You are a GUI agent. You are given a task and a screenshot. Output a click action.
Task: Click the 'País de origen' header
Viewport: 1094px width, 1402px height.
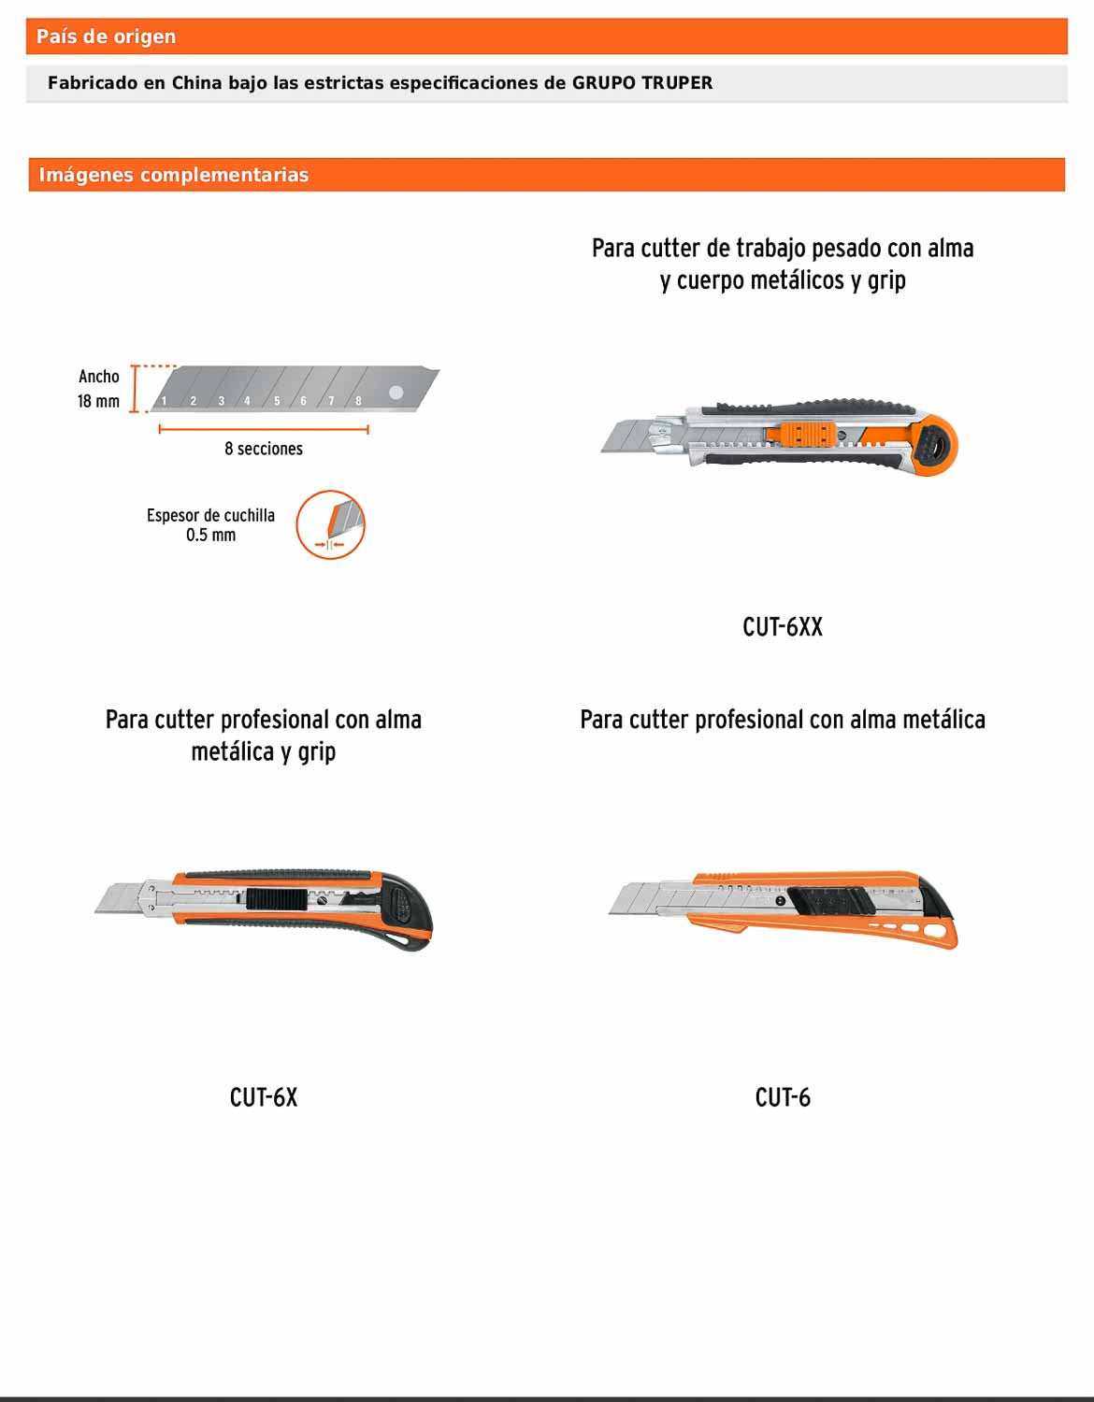tap(106, 36)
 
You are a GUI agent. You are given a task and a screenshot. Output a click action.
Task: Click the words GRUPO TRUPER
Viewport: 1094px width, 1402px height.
tap(641, 82)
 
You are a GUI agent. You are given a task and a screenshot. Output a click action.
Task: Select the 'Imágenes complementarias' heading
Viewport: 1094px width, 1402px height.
tap(173, 175)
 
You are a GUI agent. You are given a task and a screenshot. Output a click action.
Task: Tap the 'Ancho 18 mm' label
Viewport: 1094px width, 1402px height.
tap(98, 389)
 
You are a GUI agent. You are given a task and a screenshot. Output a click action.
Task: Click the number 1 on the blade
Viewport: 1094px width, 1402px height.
tap(164, 401)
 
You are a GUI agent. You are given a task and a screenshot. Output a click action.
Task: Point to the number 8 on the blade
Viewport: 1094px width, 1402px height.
tap(358, 401)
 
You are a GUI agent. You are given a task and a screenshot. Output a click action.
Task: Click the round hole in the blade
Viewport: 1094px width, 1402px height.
tap(396, 393)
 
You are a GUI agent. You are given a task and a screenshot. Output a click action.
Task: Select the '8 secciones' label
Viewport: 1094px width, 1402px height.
tap(263, 449)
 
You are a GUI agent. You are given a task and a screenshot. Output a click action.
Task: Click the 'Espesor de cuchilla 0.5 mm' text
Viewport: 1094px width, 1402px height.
tap(210, 525)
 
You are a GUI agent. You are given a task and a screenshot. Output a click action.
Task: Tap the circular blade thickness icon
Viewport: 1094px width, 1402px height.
tap(330, 525)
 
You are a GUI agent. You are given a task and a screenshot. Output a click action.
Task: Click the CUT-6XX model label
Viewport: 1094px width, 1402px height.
tap(782, 627)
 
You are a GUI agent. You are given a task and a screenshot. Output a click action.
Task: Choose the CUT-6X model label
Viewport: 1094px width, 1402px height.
tap(263, 1097)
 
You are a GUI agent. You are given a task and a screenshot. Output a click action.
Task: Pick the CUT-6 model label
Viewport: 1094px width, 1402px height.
tap(782, 1097)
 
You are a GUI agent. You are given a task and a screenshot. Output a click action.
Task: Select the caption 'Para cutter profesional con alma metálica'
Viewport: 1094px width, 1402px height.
tap(782, 720)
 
